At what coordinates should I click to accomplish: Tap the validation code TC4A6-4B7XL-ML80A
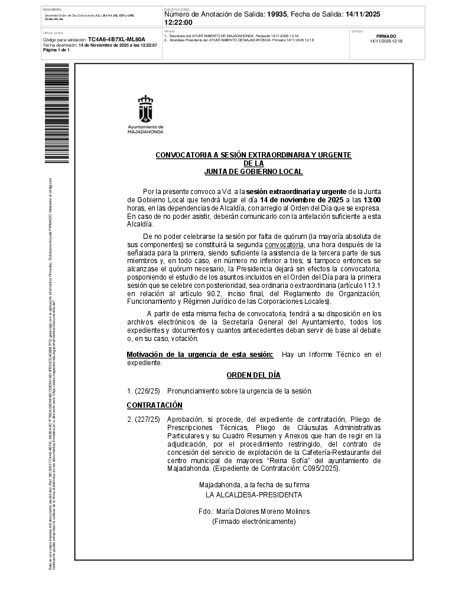116,40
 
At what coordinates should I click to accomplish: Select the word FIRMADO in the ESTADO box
386,36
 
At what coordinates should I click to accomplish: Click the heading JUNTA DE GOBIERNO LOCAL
253,172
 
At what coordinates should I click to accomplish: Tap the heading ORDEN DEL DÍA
253,375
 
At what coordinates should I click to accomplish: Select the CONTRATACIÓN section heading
155,405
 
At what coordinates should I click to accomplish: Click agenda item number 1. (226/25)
144,391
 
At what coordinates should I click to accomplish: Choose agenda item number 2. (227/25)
144,419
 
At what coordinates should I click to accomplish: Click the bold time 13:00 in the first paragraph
372,200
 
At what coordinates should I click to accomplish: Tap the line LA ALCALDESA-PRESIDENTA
253,494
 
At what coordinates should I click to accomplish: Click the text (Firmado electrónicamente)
253,522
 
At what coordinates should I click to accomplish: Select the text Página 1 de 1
57,50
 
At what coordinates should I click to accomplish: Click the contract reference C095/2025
321,468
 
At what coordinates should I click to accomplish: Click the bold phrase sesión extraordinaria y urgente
297,191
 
